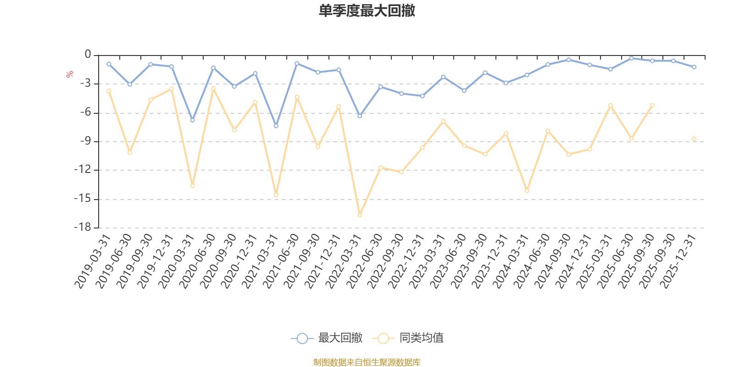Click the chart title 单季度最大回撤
(x=367, y=11)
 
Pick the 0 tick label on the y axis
(x=88, y=55)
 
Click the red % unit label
(x=70, y=74)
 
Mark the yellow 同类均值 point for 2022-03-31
(x=360, y=215)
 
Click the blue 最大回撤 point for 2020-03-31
(x=192, y=120)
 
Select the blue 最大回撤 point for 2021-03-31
(x=276, y=126)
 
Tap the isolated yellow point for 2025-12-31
(x=694, y=139)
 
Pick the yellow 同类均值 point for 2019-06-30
(x=130, y=152)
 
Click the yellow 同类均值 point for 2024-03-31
(x=527, y=190)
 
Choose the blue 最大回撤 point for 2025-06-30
(x=631, y=58)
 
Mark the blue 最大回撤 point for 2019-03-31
(x=109, y=64)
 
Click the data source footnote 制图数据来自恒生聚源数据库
(x=367, y=362)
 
